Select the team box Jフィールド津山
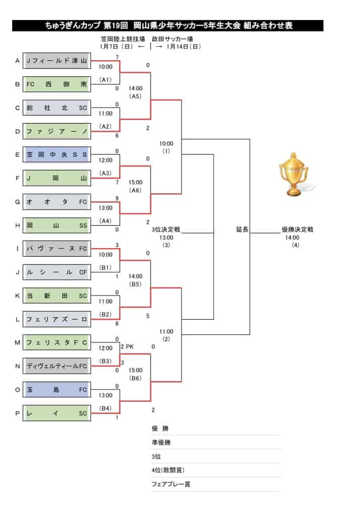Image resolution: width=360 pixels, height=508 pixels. coord(57,61)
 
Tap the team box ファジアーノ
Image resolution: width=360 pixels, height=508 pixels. coord(57,131)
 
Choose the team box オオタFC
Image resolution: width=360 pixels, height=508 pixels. coord(57,202)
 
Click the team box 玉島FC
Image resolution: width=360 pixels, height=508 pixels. coord(57,390)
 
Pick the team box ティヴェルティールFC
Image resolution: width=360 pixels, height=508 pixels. coord(57,366)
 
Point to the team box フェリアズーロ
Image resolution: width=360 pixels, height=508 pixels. coord(57,319)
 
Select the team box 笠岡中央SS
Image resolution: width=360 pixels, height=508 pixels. coord(57,155)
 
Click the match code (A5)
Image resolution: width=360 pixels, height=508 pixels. coord(135,96)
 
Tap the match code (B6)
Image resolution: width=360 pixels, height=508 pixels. coord(135,378)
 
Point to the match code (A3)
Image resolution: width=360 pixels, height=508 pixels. coord(106,173)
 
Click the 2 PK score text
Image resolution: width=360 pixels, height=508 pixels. coord(127,347)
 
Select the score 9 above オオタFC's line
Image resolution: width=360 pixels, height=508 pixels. coord(117,198)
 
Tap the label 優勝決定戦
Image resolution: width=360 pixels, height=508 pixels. coord(298,229)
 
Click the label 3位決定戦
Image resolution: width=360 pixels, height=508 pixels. coord(166,229)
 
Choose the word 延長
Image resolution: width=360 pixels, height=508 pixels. coord(242,229)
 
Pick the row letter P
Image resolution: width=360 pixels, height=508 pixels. coord(18,413)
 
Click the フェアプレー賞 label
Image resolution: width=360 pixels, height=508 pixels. coord(171,484)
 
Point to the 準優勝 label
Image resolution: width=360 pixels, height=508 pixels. coord(161,442)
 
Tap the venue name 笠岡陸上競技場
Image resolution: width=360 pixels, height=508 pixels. coord(123,39)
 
